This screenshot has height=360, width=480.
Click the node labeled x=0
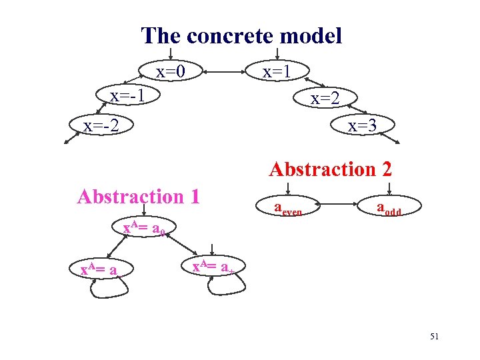coord(170,71)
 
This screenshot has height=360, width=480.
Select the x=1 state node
coord(275,71)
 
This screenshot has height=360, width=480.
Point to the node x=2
coord(325,99)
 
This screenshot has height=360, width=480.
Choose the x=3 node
coord(362,125)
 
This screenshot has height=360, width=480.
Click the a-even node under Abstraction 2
coord(289,209)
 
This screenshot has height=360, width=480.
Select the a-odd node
coord(389,209)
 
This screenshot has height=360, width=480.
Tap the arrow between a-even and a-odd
coord(339,203)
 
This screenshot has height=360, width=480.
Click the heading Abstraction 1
coord(139,197)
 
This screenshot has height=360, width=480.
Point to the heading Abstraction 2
coord(330,169)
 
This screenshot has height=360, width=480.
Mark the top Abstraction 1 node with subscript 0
coord(148,229)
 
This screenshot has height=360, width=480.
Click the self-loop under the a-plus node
coord(227,287)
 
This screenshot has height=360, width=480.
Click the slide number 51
coord(434,337)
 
